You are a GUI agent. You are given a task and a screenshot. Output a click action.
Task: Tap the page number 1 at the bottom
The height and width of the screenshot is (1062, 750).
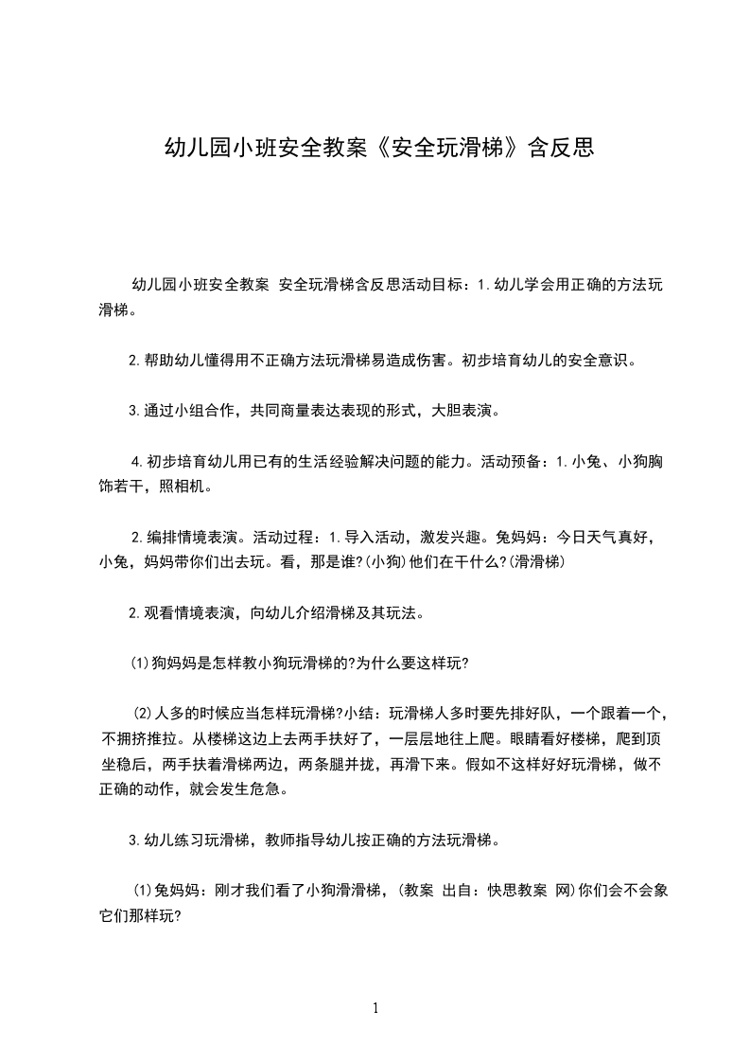point(375,1008)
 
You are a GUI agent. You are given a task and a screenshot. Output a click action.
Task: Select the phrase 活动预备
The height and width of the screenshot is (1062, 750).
point(512,462)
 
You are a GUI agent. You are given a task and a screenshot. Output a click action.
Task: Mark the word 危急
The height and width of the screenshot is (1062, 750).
point(283,788)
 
